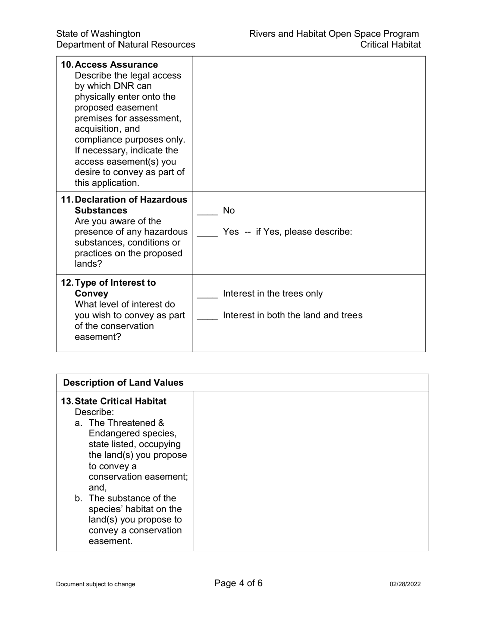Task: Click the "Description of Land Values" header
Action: click(124, 383)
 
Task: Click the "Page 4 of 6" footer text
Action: click(238, 583)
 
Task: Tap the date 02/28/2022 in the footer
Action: click(405, 584)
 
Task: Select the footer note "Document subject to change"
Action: click(95, 584)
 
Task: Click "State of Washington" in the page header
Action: click(98, 34)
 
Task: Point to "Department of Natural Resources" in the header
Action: click(126, 45)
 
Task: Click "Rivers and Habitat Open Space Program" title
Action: click(334, 34)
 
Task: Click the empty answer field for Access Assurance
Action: click(309, 123)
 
